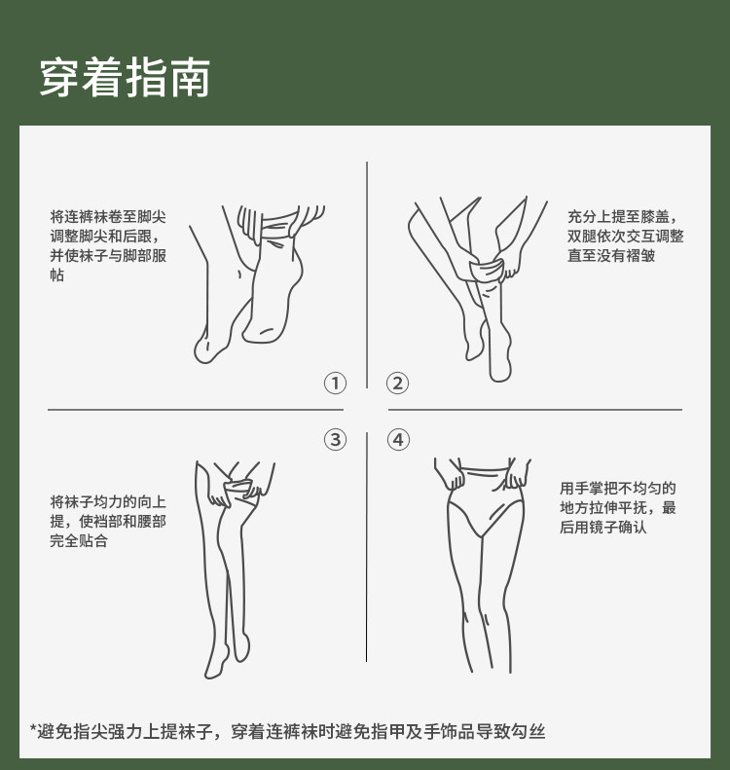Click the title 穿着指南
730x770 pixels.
125,78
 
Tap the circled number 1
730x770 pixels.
335,383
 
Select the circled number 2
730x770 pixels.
398,383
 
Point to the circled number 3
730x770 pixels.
335,439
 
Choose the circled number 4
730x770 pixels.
398,439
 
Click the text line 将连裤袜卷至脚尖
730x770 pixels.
108,216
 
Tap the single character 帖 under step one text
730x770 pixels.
57,275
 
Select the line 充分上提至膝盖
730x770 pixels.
622,216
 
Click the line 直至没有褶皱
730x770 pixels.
611,255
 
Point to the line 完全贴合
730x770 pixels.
79,540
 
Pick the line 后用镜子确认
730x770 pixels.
602,527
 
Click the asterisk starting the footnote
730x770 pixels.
33,728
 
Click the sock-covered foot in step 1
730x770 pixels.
271,290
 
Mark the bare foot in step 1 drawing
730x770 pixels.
213,339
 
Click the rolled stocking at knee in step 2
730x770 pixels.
487,270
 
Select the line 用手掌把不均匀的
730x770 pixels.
617,488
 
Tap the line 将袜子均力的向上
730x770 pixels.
108,502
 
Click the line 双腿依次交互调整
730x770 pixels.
626,237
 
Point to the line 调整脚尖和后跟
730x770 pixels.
104,237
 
